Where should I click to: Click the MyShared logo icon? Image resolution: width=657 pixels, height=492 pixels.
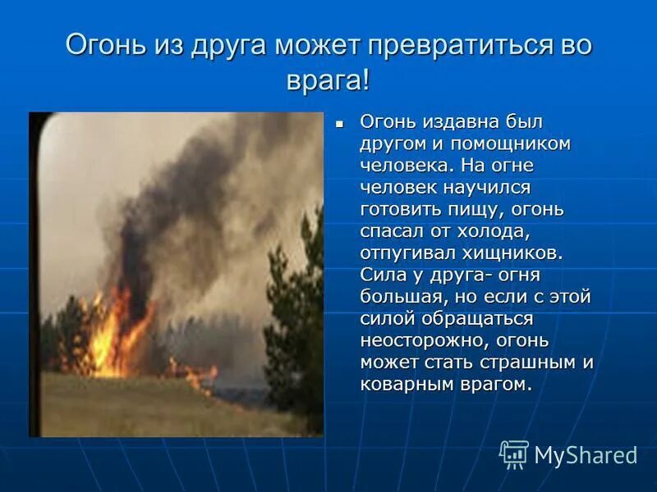pos(514,453)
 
